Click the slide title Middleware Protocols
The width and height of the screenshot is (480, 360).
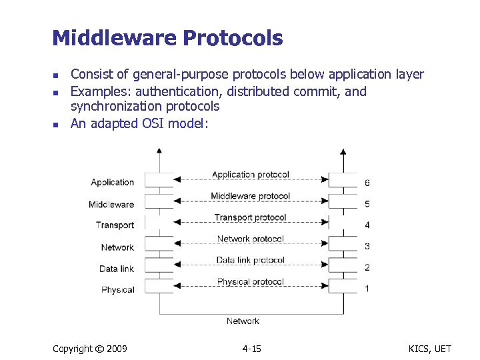point(167,38)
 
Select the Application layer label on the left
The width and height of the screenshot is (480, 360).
point(112,183)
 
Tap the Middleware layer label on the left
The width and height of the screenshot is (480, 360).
point(111,205)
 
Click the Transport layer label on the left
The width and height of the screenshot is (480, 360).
point(115,225)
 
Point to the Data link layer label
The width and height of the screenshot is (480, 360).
point(117,269)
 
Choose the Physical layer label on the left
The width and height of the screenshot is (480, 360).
point(117,290)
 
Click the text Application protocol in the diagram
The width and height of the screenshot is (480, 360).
point(250,175)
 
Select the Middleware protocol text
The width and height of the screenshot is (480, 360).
point(250,196)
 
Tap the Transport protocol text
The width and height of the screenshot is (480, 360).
point(250,217)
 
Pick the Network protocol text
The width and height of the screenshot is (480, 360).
point(250,239)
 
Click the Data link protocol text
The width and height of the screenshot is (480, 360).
point(250,260)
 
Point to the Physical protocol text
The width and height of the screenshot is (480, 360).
point(250,281)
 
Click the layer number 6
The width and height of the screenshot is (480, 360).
point(367,183)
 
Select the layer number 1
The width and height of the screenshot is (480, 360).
point(367,289)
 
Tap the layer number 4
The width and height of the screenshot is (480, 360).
point(367,225)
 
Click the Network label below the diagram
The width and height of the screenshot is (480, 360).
point(243,321)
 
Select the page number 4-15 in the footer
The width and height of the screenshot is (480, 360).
point(251,349)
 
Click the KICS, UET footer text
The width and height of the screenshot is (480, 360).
point(430,349)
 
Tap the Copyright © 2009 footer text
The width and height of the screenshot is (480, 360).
point(89,349)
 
